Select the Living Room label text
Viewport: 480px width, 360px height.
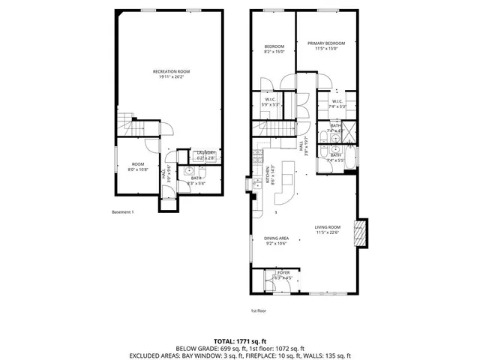(328, 230)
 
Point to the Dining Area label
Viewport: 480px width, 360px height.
(276, 241)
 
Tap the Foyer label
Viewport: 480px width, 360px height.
(283, 275)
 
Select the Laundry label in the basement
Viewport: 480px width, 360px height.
(205, 155)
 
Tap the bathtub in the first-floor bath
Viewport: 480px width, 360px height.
(353, 157)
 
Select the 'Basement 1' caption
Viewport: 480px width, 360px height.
(122, 212)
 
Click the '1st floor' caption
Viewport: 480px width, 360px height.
(259, 310)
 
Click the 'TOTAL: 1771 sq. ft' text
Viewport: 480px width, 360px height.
(239, 340)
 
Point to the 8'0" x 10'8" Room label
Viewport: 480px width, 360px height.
(138, 166)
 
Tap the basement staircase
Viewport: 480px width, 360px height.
(125, 126)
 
